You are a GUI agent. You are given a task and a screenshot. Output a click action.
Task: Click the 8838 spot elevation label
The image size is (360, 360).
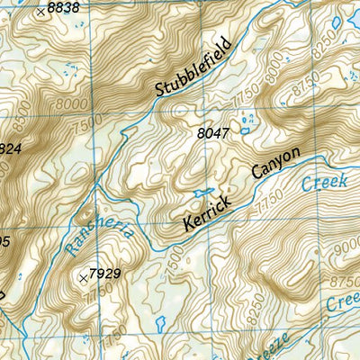click(x=63, y=7)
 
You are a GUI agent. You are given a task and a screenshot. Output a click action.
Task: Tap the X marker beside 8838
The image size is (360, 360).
click(x=40, y=13)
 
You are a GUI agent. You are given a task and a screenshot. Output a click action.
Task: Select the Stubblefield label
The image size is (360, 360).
click(x=193, y=66)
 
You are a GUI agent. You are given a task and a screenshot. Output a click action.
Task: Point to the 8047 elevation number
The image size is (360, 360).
click(x=212, y=133)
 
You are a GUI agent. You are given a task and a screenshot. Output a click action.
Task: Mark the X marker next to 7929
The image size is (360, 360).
click(x=85, y=280)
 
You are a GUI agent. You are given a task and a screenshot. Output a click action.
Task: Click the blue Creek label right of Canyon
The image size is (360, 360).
click(x=318, y=183)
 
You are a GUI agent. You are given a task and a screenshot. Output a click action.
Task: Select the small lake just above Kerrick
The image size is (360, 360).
click(x=202, y=192)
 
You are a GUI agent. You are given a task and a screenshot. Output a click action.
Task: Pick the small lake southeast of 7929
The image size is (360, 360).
click(x=159, y=321)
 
